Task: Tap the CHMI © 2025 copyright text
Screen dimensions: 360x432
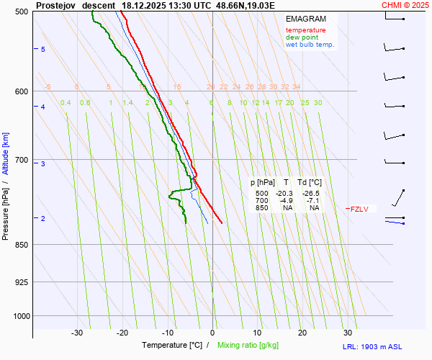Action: (x=406, y=5)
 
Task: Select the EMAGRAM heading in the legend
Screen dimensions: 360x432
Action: (x=305, y=19)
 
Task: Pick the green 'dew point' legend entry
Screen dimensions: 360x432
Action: (x=302, y=37)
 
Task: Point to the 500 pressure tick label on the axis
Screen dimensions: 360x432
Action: (x=21, y=12)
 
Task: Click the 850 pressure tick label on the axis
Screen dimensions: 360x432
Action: (x=21, y=245)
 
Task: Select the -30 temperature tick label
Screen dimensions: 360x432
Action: (x=77, y=333)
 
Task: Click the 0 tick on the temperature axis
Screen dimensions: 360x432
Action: (x=212, y=333)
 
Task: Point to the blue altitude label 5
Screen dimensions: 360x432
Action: (x=43, y=49)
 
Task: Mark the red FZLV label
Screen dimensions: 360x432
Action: (x=359, y=210)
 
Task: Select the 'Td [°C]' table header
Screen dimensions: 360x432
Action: (x=311, y=183)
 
